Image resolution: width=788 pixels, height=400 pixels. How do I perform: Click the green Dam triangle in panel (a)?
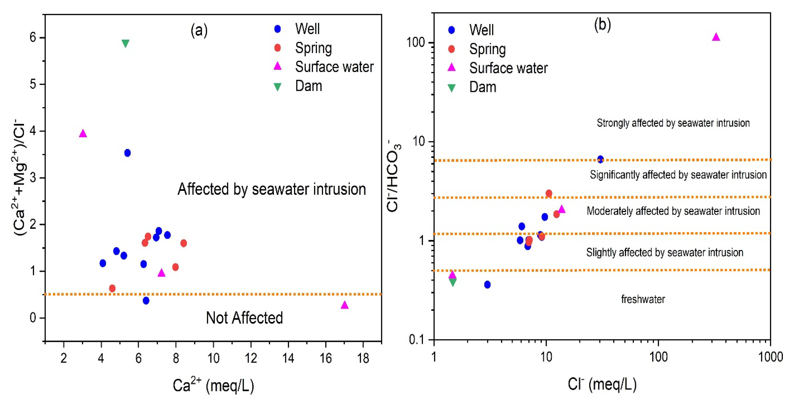tap(125, 43)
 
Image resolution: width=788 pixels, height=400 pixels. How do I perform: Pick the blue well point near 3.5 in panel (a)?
tap(128, 153)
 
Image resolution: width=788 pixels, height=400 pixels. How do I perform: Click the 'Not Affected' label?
tap(244, 318)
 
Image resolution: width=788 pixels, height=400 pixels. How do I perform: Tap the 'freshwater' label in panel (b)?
tap(643, 299)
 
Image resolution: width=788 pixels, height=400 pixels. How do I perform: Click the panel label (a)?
tap(199, 30)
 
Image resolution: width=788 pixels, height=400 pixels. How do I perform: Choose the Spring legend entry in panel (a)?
tap(313, 48)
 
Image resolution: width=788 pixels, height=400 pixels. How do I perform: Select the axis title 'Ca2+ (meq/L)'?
tap(213, 385)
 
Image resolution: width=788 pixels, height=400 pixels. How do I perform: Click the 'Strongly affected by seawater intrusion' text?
tap(673, 123)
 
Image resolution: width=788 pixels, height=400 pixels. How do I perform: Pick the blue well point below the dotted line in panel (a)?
tap(146, 301)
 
